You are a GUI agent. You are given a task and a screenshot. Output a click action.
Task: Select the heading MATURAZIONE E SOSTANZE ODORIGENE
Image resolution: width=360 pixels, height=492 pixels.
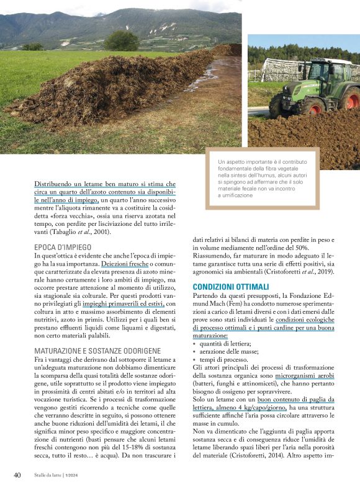(97, 351)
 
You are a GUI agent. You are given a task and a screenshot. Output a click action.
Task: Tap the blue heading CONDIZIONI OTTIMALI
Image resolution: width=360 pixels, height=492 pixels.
(231, 287)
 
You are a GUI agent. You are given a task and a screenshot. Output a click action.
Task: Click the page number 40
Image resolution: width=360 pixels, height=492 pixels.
(17, 475)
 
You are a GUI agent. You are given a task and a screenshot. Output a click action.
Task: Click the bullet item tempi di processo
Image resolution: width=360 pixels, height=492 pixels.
(223, 360)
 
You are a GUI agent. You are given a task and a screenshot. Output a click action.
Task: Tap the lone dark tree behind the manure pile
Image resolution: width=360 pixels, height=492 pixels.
(122, 40)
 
